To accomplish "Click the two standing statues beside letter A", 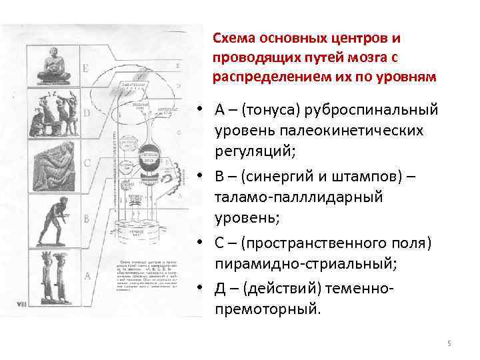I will (52, 273).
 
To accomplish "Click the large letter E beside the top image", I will (85, 67).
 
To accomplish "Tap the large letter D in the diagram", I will (85, 113).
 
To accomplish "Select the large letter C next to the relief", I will (87, 162).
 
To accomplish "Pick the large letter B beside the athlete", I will (86, 219).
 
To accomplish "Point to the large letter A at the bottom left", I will (86, 275).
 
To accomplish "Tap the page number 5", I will (449, 343).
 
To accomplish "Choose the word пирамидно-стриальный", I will (305, 264).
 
